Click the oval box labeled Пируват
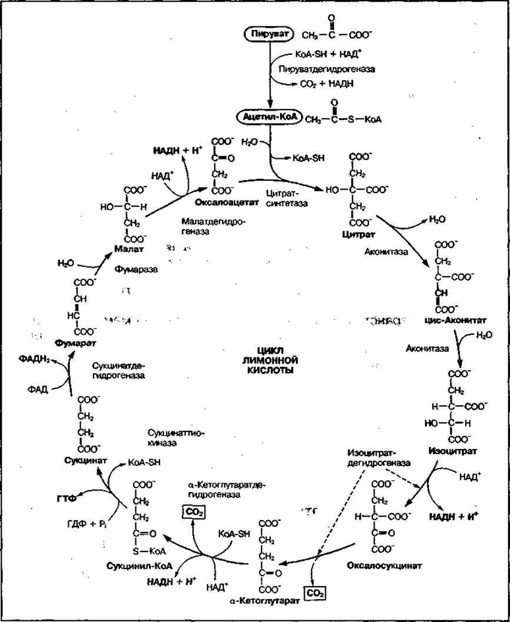(x=270, y=35)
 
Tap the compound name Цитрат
(x=354, y=234)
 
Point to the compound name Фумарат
(x=74, y=342)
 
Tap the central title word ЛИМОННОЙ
(x=267, y=360)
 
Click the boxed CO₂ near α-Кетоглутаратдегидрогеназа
(x=194, y=513)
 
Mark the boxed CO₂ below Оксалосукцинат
(x=314, y=594)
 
